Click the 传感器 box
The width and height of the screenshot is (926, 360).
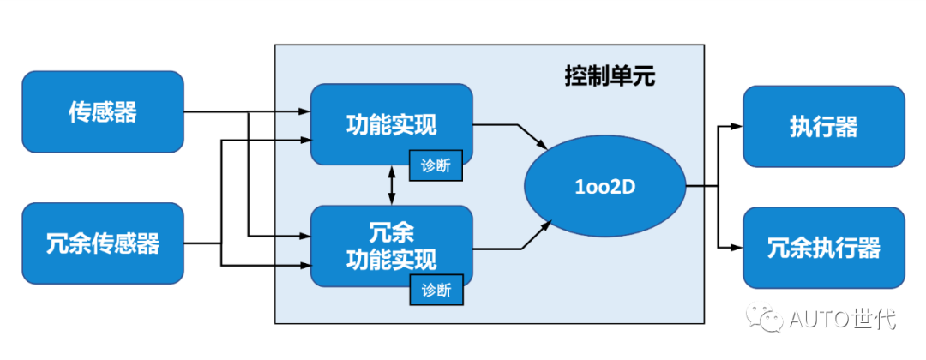click(102, 112)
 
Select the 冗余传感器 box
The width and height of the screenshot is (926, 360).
click(102, 243)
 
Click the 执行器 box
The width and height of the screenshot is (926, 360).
click(823, 126)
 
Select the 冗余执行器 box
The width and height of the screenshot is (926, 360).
click(823, 248)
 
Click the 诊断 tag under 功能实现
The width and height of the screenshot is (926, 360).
click(436, 166)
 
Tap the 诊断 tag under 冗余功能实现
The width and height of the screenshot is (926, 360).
click(436, 290)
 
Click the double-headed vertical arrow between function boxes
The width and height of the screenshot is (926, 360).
click(393, 185)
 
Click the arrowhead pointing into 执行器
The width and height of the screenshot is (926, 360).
click(736, 126)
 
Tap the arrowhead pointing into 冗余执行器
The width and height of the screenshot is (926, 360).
click(736, 248)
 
